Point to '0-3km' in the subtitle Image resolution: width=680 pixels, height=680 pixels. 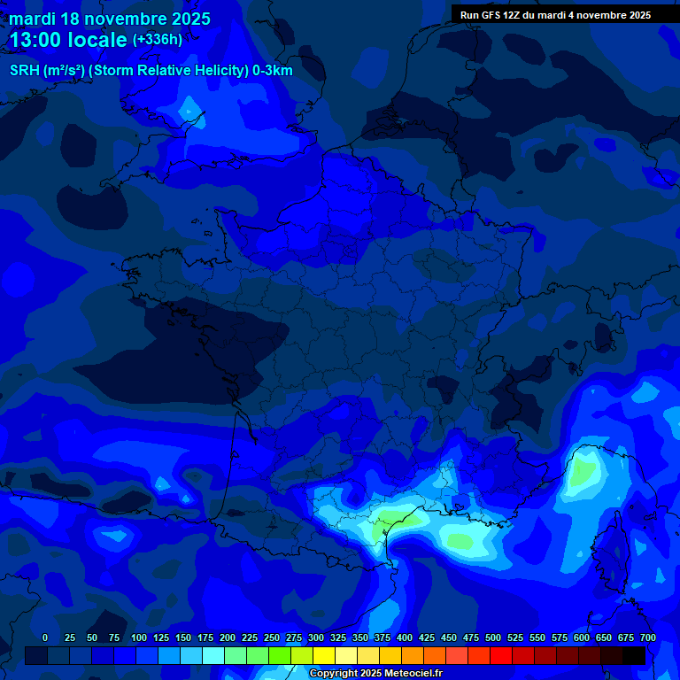click(273, 71)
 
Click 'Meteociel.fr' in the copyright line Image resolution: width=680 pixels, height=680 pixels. click(413, 674)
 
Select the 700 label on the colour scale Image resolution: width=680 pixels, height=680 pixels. click(647, 637)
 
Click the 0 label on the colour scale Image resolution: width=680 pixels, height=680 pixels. click(45, 637)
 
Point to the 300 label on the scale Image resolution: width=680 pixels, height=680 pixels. click(316, 637)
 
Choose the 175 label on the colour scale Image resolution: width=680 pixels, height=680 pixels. click(205, 637)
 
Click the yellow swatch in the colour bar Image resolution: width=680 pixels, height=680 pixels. click(324, 656)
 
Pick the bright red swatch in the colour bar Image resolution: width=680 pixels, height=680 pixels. click(501, 656)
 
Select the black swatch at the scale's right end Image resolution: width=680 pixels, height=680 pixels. click(634, 656)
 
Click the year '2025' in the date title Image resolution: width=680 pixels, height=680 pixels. click(188, 19)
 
